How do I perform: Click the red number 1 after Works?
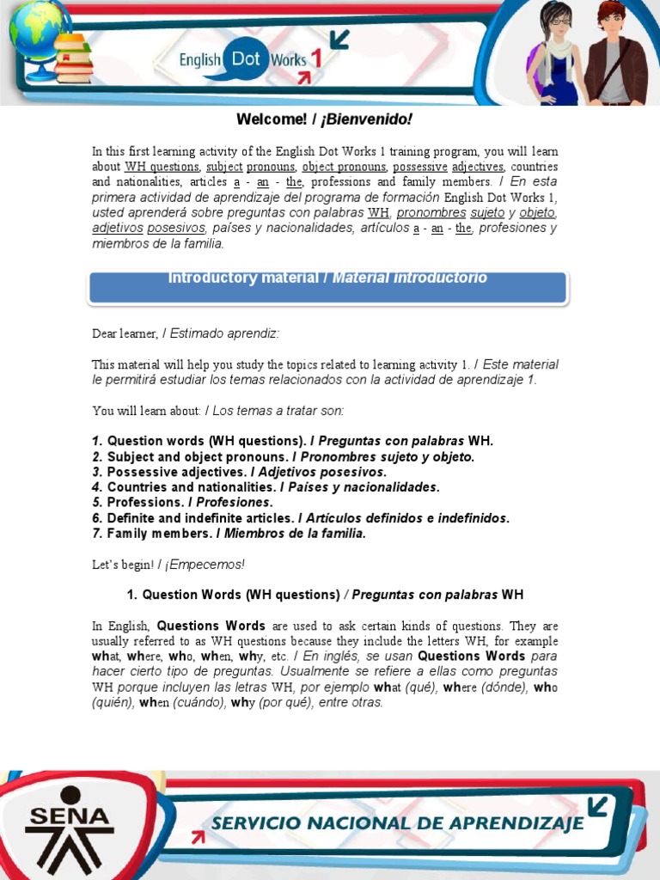(x=315, y=58)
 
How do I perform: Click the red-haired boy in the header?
(x=614, y=53)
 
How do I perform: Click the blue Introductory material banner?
(x=327, y=287)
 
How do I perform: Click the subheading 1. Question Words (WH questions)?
(x=233, y=595)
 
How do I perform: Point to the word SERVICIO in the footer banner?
(x=255, y=823)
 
